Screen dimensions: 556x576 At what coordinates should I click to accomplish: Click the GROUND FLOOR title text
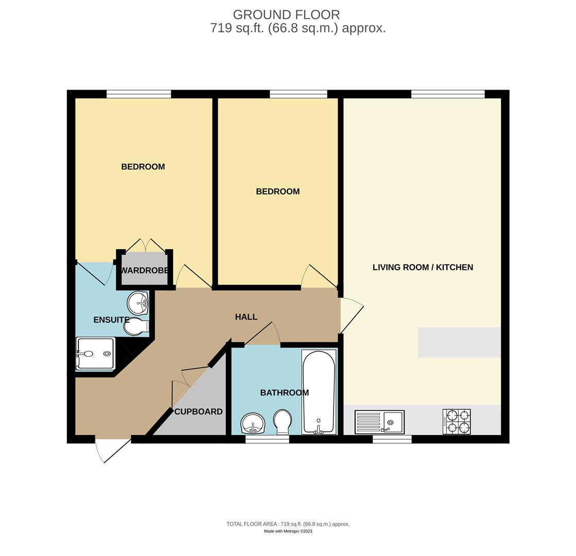click(x=286, y=14)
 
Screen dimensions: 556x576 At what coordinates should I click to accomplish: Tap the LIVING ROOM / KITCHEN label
click(x=423, y=267)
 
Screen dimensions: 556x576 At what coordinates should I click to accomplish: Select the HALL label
click(x=246, y=317)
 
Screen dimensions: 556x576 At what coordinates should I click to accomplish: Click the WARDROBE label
click(x=144, y=270)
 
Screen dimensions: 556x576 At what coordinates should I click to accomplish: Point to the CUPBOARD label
click(x=198, y=412)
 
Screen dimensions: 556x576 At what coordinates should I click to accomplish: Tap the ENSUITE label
click(x=111, y=320)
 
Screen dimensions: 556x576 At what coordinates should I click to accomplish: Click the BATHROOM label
click(x=284, y=393)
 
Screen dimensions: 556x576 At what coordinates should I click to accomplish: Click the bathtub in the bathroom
click(x=319, y=391)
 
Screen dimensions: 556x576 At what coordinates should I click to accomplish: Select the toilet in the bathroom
click(x=282, y=422)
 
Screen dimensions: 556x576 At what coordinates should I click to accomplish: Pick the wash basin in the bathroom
click(x=253, y=423)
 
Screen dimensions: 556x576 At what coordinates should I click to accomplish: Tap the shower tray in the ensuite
click(x=95, y=354)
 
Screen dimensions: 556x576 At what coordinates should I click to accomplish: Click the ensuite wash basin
click(x=137, y=303)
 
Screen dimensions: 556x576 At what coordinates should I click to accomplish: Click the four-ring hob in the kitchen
click(x=457, y=422)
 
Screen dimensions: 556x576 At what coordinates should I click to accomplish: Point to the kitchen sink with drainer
click(x=379, y=422)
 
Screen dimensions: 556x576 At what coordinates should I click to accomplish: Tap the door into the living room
click(x=351, y=315)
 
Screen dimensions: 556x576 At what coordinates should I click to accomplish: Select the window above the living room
click(x=448, y=94)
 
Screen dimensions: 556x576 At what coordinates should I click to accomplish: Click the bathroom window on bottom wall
click(x=267, y=439)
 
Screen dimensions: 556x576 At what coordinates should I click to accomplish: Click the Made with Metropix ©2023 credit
click(x=288, y=531)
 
